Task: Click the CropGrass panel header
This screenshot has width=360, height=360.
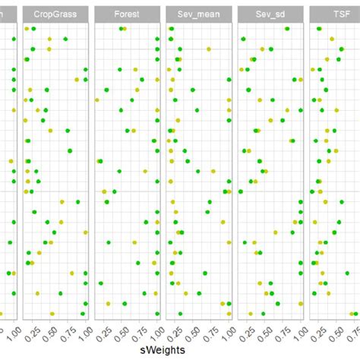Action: (x=55, y=14)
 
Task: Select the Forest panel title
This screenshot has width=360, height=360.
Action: (x=126, y=14)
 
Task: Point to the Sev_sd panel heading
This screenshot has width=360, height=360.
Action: (x=270, y=14)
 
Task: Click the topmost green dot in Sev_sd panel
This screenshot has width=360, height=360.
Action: (x=287, y=28)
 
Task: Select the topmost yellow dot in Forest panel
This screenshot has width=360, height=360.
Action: (x=125, y=29)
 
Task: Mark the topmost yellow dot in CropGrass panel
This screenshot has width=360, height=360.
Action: (x=27, y=28)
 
